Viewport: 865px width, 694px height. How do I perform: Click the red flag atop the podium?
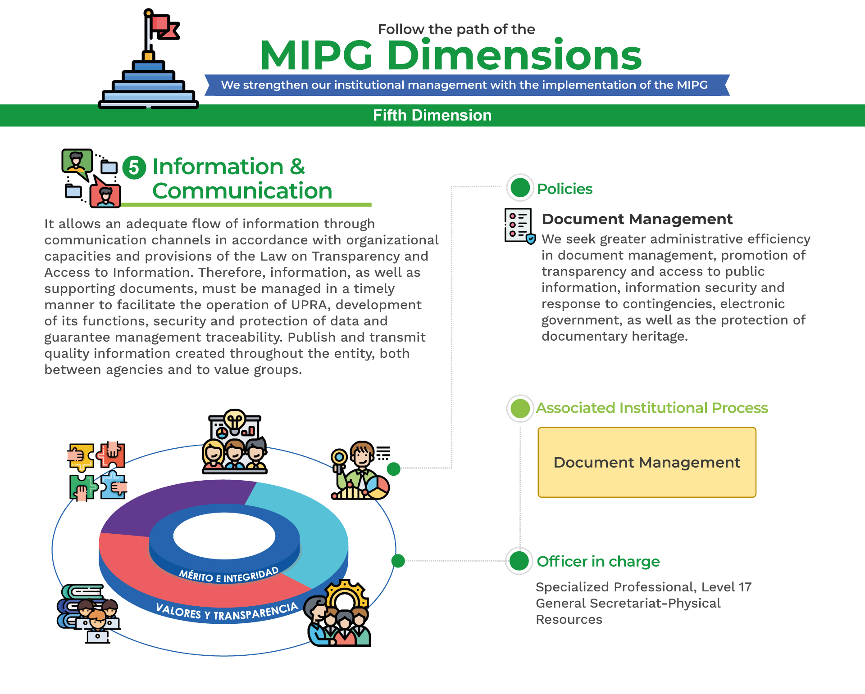[x=164, y=26]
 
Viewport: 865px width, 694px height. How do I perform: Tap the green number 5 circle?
[x=134, y=168]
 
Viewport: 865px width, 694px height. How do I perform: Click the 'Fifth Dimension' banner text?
[x=432, y=115]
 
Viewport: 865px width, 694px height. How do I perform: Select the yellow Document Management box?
[x=647, y=462]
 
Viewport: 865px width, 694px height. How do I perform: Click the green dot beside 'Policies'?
[x=520, y=188]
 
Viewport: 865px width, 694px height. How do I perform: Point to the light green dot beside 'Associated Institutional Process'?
[x=520, y=409]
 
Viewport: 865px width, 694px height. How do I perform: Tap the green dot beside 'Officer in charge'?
[x=519, y=561]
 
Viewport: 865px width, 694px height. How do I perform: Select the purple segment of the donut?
[x=176, y=504]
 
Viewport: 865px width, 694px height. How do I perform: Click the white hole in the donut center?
[x=224, y=536]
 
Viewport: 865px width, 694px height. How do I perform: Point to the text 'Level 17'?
[x=726, y=587]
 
